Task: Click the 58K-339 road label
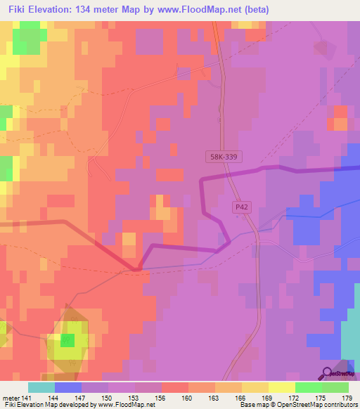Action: pyautogui.click(x=224, y=160)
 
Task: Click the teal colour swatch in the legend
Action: pyautogui.click(x=41, y=387)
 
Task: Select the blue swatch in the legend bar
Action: pyautogui.click(x=67, y=387)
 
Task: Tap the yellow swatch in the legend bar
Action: pyautogui.click(x=282, y=387)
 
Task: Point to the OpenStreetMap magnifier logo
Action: pyautogui.click(x=327, y=372)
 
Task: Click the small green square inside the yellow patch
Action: pyautogui.click(x=67, y=341)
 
